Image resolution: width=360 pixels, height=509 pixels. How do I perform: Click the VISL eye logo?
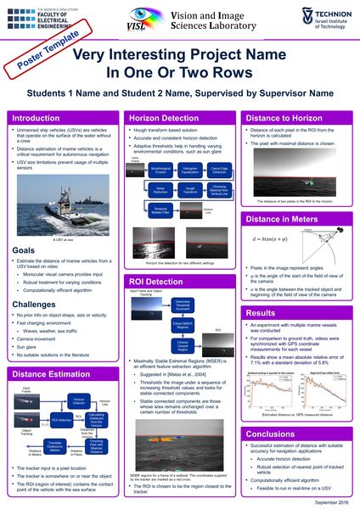pyautogui.click(x=146, y=19)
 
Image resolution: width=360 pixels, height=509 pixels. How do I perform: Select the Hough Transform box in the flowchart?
pyautogui.click(x=190, y=191)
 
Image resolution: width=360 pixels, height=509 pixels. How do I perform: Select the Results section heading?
pyautogui.click(x=260, y=290)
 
